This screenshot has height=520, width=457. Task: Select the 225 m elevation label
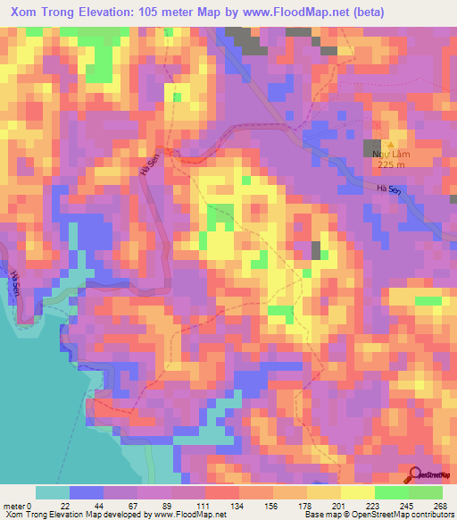391,164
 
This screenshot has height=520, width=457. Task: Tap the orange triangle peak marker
390,143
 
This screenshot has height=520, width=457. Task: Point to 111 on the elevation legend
206,506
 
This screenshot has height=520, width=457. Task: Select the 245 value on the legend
407,506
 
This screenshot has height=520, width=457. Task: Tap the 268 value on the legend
441,506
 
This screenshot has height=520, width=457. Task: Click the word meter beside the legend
14,506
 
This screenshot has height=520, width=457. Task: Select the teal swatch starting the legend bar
52,492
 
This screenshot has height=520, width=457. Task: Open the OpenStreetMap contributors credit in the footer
401,516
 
